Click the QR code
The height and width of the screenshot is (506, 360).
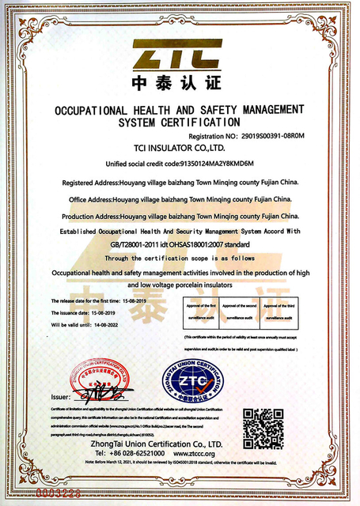click(x=261, y=426)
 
